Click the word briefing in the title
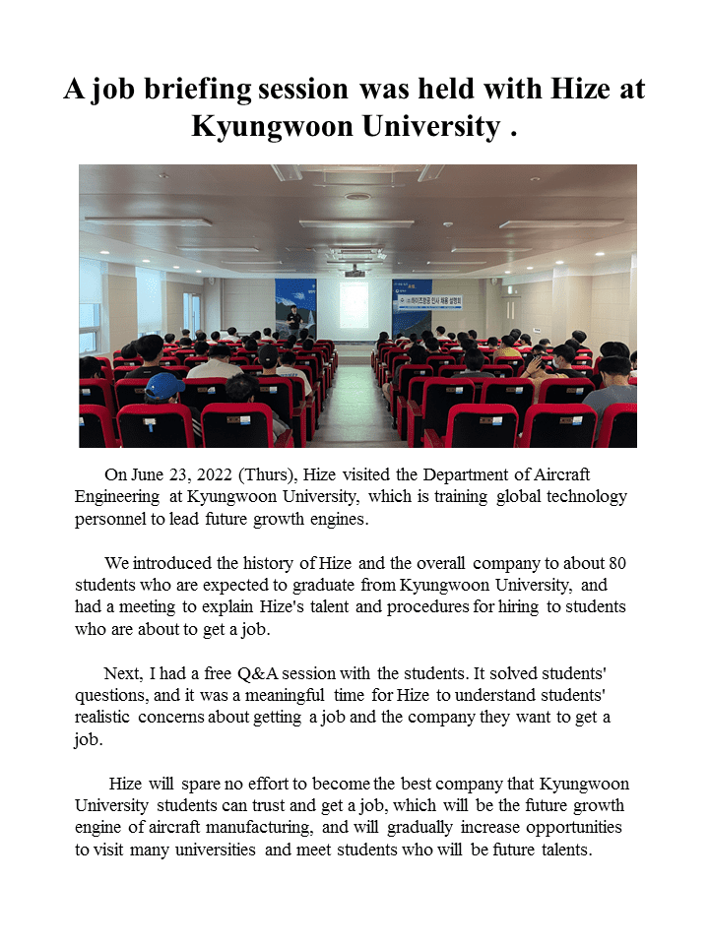pos(195,89)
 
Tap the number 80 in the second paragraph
pos(617,563)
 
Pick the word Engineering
pos(116,498)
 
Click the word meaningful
pos(344,695)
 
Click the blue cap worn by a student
pos(162,384)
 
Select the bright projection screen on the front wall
pos(354,304)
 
